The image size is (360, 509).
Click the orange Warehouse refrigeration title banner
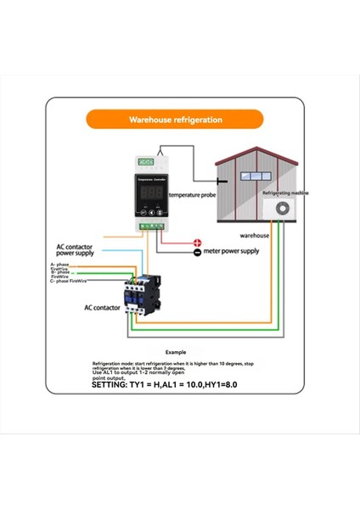(176, 120)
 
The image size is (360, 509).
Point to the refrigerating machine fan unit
(278, 209)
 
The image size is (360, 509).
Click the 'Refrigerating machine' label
(281, 193)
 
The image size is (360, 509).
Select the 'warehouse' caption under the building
(254, 235)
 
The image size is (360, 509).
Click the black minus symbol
(197, 252)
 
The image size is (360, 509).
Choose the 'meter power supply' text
(232, 251)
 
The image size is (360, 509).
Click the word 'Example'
(176, 350)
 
